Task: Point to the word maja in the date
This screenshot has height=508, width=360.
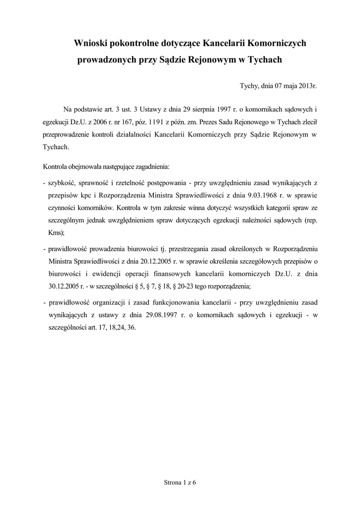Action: click(285, 86)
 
